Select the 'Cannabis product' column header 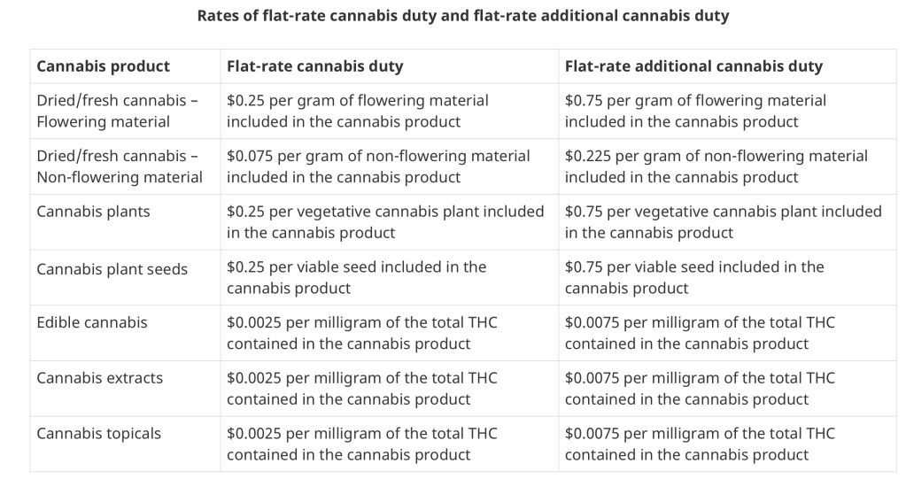[103, 66]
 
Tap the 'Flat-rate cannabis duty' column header [314, 66]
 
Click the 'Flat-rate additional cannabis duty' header [693, 66]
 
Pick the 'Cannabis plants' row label [93, 212]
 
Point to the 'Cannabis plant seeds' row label [112, 269]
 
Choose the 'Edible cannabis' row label [92, 322]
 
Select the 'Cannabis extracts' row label [99, 378]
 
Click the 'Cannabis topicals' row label [98, 433]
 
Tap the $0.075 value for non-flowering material [249, 156]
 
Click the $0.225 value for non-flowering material [587, 156]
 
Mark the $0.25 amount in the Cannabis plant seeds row [245, 267]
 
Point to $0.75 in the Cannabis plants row [584, 212]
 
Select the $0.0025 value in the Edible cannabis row [253, 322]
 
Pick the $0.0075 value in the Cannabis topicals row [592, 433]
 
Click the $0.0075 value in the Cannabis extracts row [592, 378]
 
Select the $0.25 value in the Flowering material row [245, 100]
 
